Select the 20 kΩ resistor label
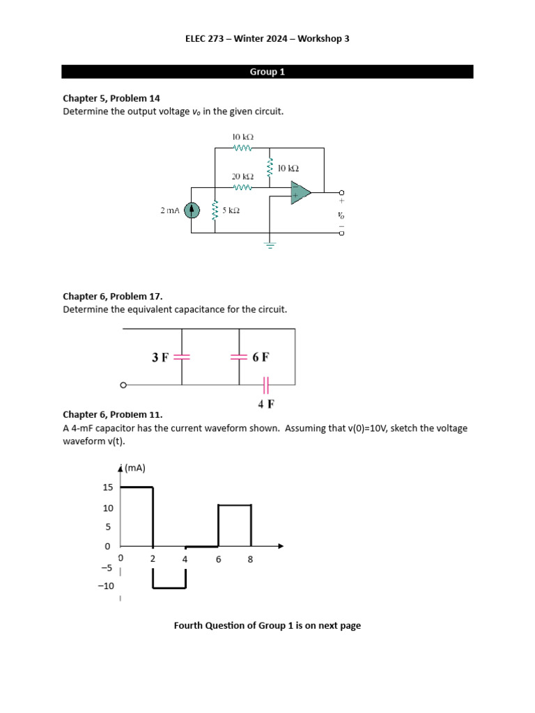point(242,177)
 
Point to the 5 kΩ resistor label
point(231,210)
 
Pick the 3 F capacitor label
point(160,357)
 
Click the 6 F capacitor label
point(261,357)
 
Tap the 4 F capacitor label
point(266,402)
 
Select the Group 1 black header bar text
point(267,72)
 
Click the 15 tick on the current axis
point(108,487)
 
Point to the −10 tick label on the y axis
point(106,586)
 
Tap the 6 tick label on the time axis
point(218,558)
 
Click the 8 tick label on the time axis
point(250,558)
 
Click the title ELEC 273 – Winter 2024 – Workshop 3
point(267,39)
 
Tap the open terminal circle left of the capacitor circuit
point(123,385)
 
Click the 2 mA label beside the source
point(171,210)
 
